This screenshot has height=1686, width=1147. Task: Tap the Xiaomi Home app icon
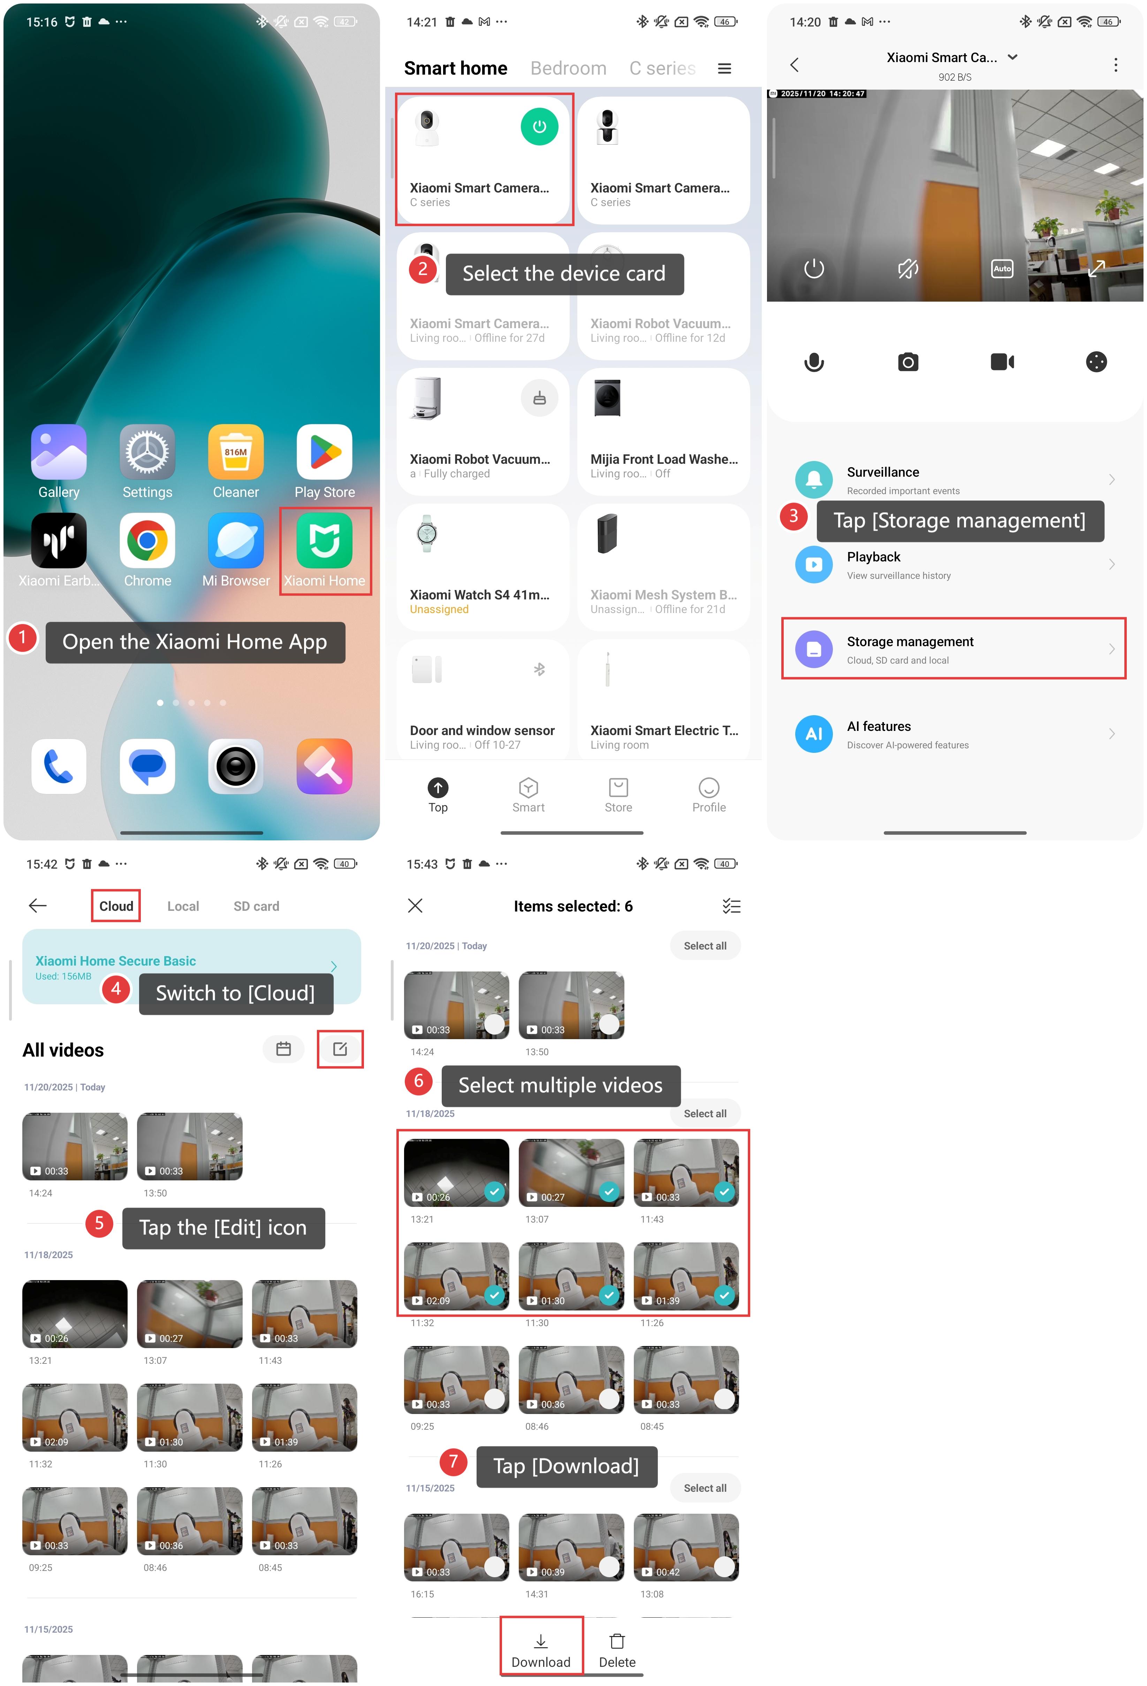pyautogui.click(x=324, y=540)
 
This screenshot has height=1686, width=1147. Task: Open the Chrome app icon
pyautogui.click(x=147, y=540)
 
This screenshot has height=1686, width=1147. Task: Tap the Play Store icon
pyautogui.click(x=324, y=452)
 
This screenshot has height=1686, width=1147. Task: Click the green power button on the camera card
pyautogui.click(x=539, y=126)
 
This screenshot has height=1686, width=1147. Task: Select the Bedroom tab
pyautogui.click(x=568, y=68)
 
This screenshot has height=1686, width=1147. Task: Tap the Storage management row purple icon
pyautogui.click(x=814, y=649)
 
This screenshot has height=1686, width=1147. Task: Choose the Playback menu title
pyautogui.click(x=873, y=557)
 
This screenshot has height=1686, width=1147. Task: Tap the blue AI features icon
pyautogui.click(x=814, y=733)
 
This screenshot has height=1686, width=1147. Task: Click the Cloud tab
pyautogui.click(x=116, y=906)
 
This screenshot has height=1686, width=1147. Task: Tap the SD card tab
pyautogui.click(x=256, y=906)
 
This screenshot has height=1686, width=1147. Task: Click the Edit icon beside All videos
pyautogui.click(x=340, y=1049)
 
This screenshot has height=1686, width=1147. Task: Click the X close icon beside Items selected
pyautogui.click(x=415, y=905)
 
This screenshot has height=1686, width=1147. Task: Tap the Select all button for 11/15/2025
pyautogui.click(x=705, y=1488)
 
